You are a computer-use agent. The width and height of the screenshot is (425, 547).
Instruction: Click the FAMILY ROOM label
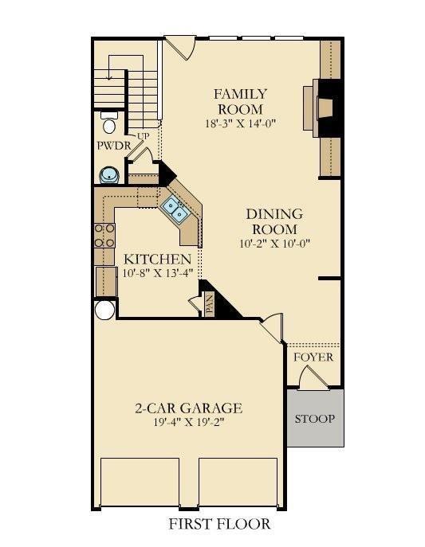click(x=240, y=101)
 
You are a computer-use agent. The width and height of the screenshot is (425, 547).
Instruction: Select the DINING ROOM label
click(x=274, y=221)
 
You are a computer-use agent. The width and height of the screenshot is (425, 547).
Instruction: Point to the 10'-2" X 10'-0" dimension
click(x=275, y=243)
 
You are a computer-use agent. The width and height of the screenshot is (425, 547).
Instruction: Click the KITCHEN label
click(x=158, y=260)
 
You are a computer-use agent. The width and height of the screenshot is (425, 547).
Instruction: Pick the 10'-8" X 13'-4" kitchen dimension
click(x=158, y=273)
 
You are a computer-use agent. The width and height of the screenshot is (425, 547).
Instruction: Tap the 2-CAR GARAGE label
click(x=188, y=408)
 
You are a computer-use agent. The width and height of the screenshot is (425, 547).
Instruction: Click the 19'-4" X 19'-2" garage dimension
click(x=188, y=422)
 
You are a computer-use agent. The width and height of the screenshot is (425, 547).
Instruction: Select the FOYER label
click(x=313, y=358)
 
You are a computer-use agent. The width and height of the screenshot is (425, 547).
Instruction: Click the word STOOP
click(x=315, y=419)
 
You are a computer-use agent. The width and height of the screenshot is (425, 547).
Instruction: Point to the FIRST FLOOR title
click(x=219, y=524)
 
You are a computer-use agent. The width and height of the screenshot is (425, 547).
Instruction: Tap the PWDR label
click(x=114, y=146)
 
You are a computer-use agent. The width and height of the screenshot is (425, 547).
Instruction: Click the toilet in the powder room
click(x=109, y=123)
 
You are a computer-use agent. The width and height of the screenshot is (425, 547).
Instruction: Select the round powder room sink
click(x=110, y=175)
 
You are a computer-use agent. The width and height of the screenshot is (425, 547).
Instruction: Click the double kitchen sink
click(x=175, y=209)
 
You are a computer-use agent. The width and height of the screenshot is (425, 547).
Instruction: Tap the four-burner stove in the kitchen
click(x=104, y=236)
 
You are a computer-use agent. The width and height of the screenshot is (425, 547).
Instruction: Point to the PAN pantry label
click(x=209, y=304)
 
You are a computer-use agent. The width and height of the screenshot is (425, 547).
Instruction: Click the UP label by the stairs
click(x=143, y=136)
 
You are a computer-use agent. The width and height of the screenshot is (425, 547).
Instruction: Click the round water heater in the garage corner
click(x=104, y=310)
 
